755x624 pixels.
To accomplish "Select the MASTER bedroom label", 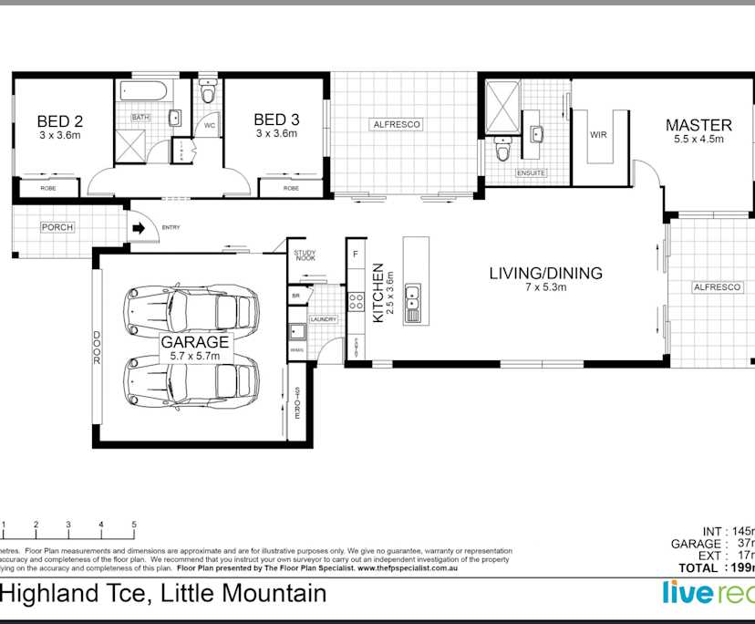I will pyautogui.click(x=698, y=125).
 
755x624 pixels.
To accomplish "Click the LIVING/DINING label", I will pyautogui.click(x=546, y=273).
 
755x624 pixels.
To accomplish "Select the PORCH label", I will pyautogui.click(x=57, y=227).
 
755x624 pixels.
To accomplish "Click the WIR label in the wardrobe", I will pyautogui.click(x=598, y=135).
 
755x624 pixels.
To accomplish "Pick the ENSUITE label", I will pyautogui.click(x=531, y=172).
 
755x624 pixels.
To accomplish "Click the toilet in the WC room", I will pyautogui.click(x=209, y=94).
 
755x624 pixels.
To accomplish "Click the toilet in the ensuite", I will pyautogui.click(x=502, y=149).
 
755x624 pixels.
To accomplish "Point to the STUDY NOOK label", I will pyautogui.click(x=304, y=257).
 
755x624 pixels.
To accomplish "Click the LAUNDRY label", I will pyautogui.click(x=324, y=319).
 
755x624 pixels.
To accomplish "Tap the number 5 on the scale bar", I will pyautogui.click(x=134, y=525).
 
